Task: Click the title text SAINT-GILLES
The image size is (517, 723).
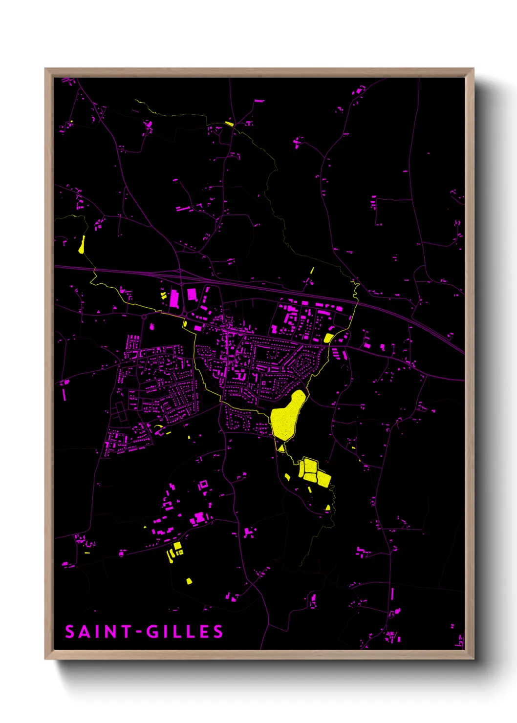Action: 144,632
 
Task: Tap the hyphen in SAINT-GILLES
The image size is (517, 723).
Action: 139,632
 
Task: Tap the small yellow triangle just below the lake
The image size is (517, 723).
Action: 281,447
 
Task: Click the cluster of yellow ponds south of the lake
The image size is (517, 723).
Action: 313,471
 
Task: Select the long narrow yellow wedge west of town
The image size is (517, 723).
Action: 82,244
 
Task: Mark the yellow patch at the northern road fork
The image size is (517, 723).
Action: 229,124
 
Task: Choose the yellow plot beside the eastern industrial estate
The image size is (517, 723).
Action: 328,338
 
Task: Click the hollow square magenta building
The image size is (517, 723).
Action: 203,485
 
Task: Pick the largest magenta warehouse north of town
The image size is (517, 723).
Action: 174,298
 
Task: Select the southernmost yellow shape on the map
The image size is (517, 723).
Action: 189,581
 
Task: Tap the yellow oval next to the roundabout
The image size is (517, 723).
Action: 185,323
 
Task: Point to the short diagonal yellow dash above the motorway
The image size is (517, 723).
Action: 312,270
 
